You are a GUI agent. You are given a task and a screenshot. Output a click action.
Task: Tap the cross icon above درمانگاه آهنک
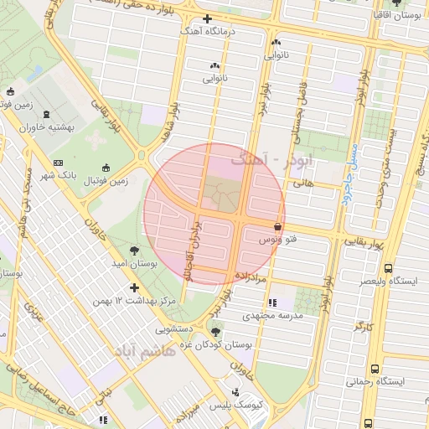point(207,18)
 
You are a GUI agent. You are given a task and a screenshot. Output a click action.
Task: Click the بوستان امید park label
point(135,263)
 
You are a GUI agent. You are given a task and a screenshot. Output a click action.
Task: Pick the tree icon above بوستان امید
point(134,250)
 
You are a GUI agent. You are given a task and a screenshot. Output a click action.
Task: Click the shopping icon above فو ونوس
point(277,226)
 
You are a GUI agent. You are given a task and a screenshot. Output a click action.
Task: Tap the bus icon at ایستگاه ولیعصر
point(387,268)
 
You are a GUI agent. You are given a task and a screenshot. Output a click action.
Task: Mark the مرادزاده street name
point(251,275)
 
